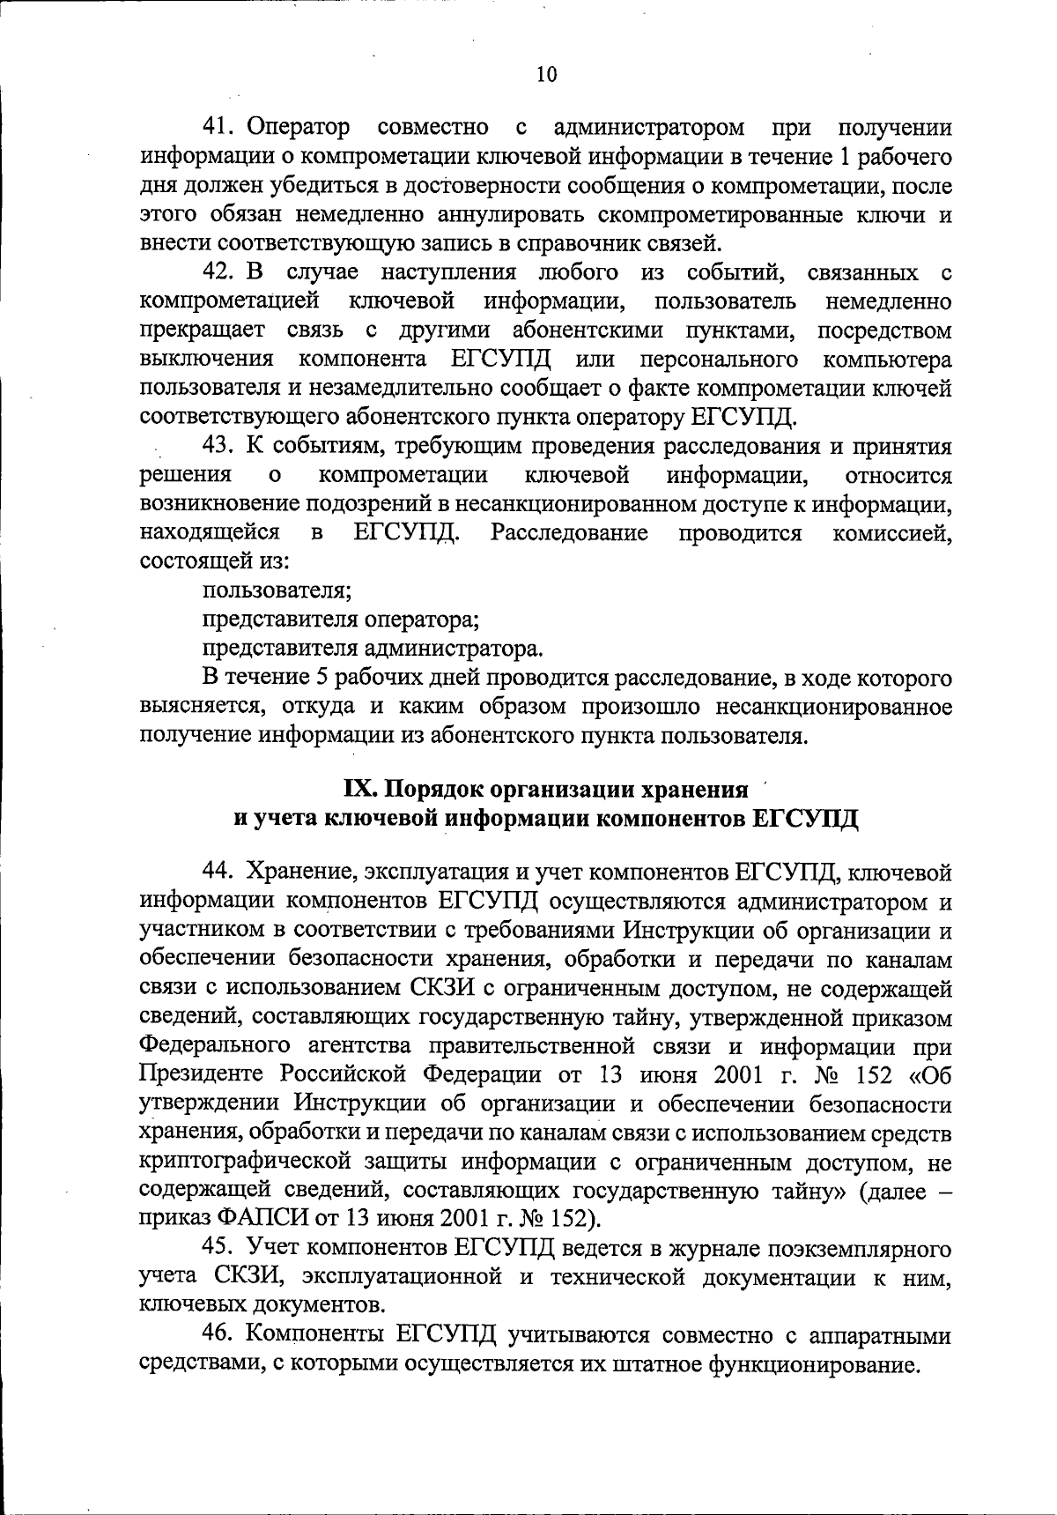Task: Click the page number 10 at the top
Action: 546,75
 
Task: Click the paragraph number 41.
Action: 218,128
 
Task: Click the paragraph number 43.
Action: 218,447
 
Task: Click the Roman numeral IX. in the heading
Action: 359,788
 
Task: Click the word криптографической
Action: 261,1162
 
